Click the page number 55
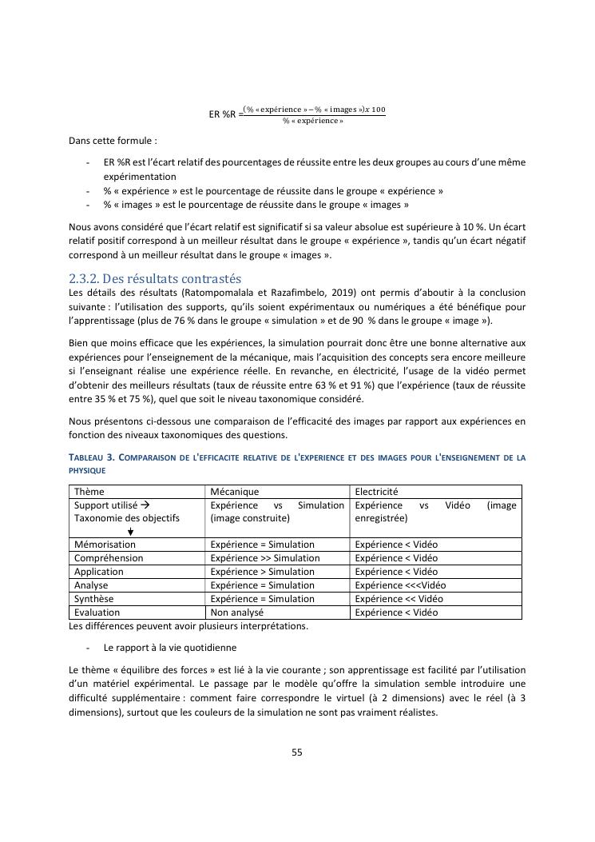point(297,752)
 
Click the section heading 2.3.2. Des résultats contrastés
point(155,278)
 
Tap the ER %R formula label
point(223,114)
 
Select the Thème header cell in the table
point(89,492)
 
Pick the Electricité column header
point(376,492)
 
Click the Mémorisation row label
point(105,545)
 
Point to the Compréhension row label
point(109,558)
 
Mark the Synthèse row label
point(93,599)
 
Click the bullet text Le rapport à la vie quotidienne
point(169,647)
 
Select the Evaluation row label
point(97,613)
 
